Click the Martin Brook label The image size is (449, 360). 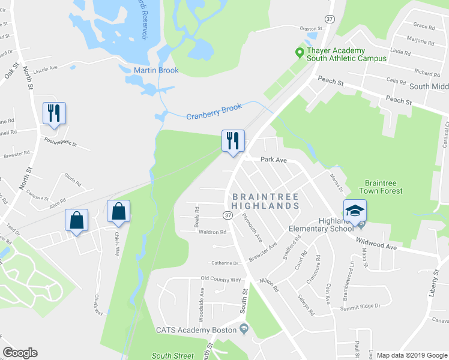coord(156,71)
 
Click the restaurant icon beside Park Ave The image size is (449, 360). coord(233,141)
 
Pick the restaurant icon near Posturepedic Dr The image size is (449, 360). coord(54,113)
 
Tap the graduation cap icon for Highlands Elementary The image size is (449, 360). coord(355,211)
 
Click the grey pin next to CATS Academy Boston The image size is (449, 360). coord(243,329)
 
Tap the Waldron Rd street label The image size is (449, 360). coord(213,232)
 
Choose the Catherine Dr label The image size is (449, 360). coord(224,263)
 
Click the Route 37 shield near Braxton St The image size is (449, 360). coord(329,19)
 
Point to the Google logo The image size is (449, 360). coord(20,353)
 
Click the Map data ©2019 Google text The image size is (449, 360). coord(412,355)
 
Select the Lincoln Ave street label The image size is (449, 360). coord(46,68)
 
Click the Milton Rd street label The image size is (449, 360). coord(269,286)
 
